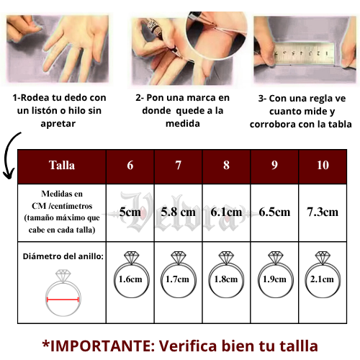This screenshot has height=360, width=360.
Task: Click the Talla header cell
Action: pos(62,165)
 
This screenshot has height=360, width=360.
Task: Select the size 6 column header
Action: pos(130,165)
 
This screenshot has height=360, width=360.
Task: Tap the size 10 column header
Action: pos(323,165)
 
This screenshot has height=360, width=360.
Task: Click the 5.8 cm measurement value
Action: pos(178,212)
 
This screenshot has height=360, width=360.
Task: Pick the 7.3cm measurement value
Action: pos(323,212)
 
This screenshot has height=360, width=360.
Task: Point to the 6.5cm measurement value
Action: pos(274,212)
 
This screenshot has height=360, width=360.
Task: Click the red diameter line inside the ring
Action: pos(63,300)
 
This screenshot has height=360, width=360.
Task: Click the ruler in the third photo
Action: pos(305,53)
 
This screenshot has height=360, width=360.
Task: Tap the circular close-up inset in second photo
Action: pos(217,34)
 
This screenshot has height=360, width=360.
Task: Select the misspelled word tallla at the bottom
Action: pos(298,346)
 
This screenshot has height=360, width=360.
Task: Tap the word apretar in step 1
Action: pos(58,124)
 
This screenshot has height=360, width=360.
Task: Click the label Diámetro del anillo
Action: pos(63,256)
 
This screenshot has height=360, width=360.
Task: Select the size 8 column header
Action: pos(226,165)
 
